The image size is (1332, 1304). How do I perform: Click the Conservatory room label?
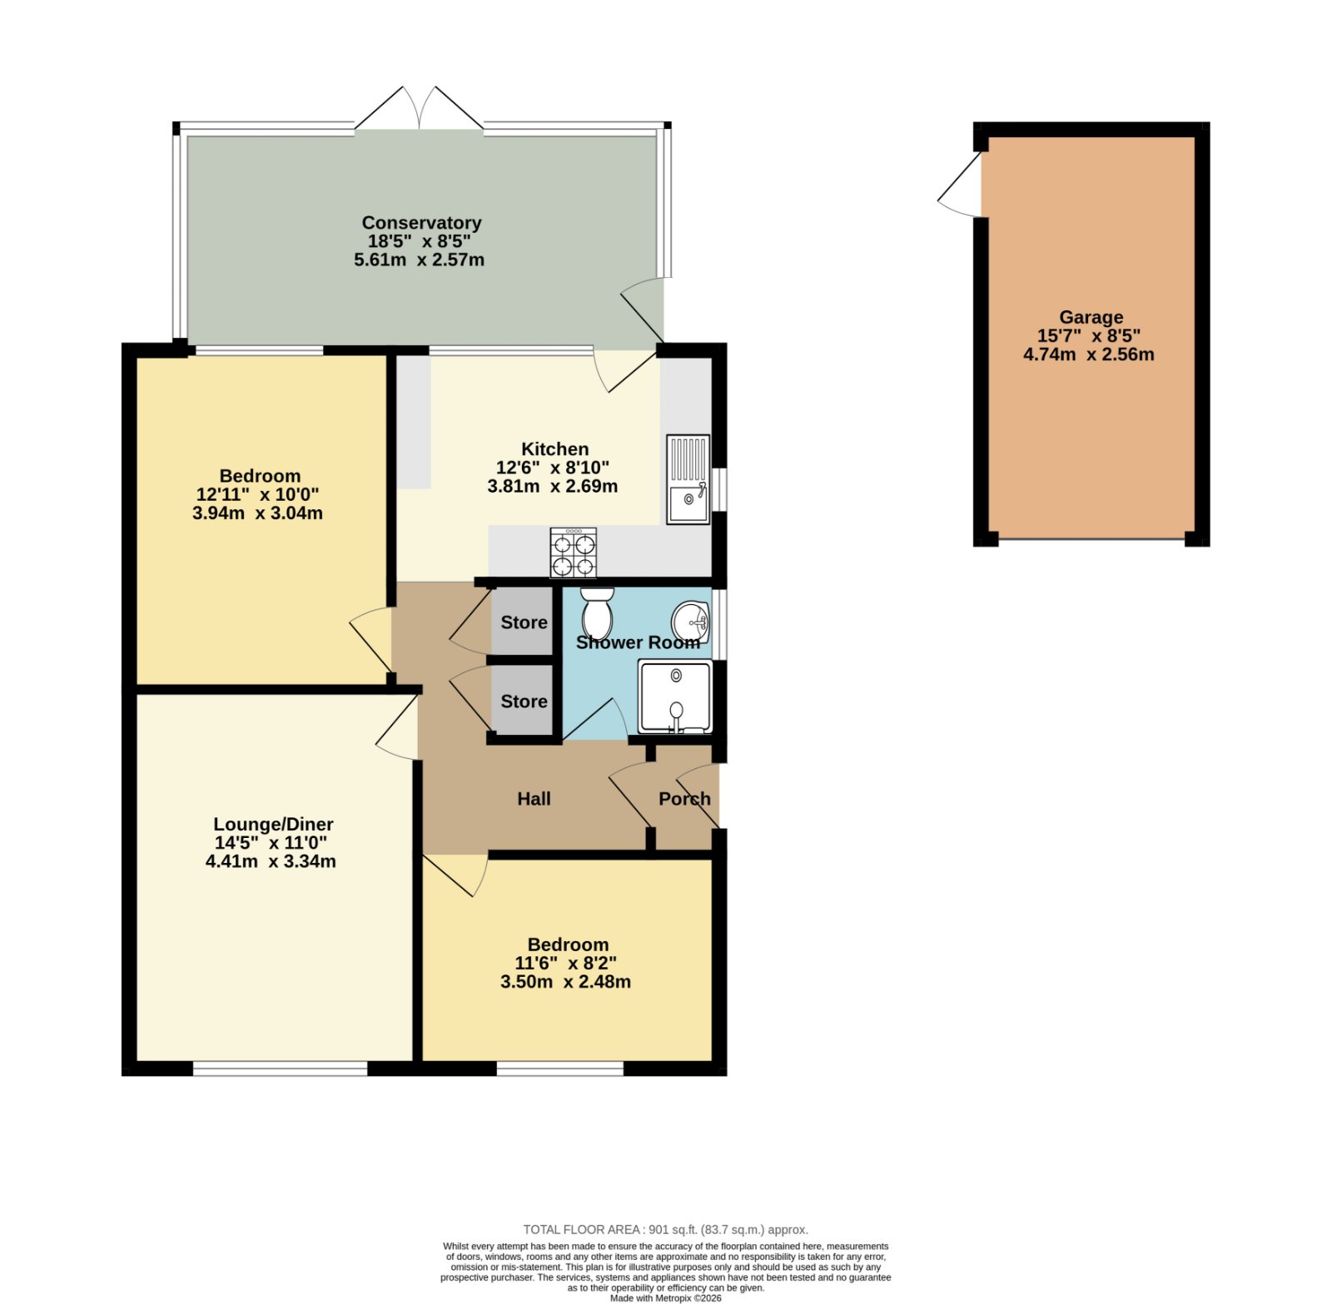click(x=421, y=223)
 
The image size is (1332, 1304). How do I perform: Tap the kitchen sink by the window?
click(x=688, y=479)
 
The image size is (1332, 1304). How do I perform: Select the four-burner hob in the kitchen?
click(x=574, y=553)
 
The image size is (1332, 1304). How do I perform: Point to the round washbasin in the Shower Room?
click(x=690, y=621)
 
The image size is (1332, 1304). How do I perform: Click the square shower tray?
click(x=675, y=697)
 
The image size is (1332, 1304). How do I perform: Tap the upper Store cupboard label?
click(x=524, y=622)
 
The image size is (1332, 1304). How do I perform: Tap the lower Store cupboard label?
click(x=524, y=702)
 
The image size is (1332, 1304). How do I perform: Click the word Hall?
click(x=534, y=799)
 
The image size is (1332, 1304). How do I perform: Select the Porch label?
click(x=684, y=799)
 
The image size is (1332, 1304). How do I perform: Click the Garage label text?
click(x=1091, y=317)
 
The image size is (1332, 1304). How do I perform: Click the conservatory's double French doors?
click(x=420, y=108)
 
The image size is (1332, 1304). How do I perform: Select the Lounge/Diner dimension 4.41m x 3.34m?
click(x=271, y=861)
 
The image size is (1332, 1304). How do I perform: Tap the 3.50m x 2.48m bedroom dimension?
click(x=565, y=982)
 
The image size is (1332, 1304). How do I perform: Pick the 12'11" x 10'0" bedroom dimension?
click(x=257, y=494)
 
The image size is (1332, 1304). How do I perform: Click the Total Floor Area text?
click(x=665, y=1229)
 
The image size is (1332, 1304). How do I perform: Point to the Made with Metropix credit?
click(x=665, y=1297)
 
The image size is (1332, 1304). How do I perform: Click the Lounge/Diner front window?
click(x=280, y=1068)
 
